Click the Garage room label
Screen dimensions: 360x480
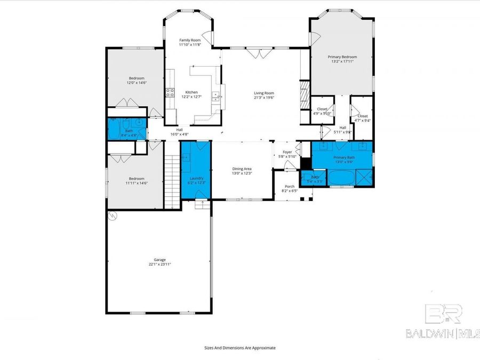tap(159, 260)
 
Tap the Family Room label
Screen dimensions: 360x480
tap(189, 41)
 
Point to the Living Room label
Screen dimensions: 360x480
tap(263, 92)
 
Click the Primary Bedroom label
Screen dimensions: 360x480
tap(342, 57)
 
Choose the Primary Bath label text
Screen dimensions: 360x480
tap(342, 157)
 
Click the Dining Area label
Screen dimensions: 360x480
tap(242, 169)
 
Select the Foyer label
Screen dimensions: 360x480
tap(287, 152)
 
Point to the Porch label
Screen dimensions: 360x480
tap(289, 186)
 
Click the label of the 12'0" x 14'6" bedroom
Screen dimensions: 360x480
tap(136, 78)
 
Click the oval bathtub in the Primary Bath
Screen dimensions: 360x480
tap(340, 177)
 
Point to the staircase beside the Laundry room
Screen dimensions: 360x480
tap(171, 182)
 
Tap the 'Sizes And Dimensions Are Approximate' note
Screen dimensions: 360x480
tap(240, 348)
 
